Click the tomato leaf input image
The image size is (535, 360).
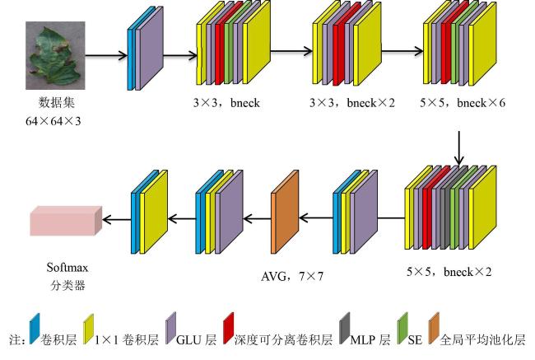[x=55, y=55]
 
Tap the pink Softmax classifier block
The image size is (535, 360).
[x=66, y=221]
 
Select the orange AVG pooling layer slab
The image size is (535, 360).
[x=285, y=212]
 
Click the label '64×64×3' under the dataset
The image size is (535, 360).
[x=53, y=121]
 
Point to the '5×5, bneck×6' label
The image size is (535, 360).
[x=463, y=102]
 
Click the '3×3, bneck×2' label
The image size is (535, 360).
[x=352, y=102]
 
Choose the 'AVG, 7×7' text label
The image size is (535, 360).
[x=292, y=276]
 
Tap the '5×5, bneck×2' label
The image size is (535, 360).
[x=449, y=272]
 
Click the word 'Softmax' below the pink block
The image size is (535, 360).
[x=67, y=267]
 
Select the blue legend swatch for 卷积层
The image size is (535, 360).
[x=35, y=328]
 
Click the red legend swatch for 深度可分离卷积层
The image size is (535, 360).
[x=229, y=328]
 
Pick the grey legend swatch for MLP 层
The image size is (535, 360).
[x=345, y=328]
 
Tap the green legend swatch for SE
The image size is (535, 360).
[x=402, y=328]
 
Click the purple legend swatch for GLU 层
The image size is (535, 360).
[x=170, y=328]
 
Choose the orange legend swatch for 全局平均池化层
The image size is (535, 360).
[x=434, y=328]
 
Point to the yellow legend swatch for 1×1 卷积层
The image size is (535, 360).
[x=89, y=329]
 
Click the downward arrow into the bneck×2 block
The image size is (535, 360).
[x=459, y=148]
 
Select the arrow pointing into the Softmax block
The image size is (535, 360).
[x=117, y=219]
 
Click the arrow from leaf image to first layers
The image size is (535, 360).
[x=106, y=55]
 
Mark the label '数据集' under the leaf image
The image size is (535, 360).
[x=56, y=102]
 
